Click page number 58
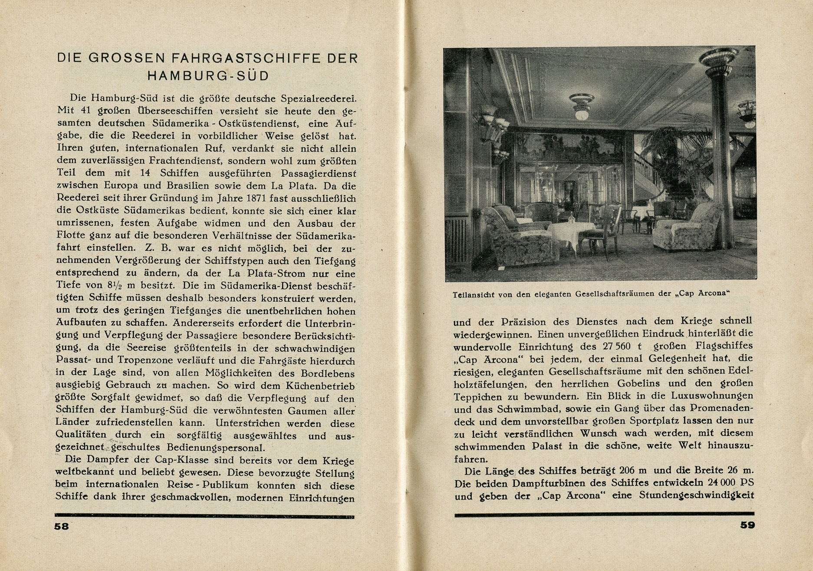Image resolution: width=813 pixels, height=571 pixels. [x=62, y=526]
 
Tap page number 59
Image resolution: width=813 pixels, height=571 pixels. [x=747, y=525]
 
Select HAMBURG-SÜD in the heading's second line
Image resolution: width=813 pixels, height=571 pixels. [x=208, y=76]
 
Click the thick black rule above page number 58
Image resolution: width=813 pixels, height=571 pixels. [x=204, y=517]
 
